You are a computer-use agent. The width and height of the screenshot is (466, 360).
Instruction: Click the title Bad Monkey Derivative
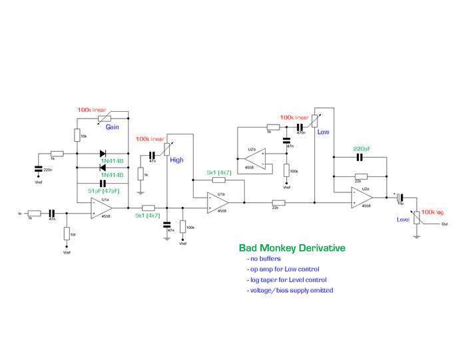[292, 248]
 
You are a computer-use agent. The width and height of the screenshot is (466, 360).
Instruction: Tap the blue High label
[176, 160]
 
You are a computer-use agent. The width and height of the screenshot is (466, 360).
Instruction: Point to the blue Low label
[324, 132]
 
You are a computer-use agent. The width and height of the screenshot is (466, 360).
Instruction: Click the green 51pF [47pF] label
[103, 190]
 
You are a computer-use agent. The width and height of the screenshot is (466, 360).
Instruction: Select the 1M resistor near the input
[67, 234]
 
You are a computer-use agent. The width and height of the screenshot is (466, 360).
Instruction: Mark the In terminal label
[20, 214]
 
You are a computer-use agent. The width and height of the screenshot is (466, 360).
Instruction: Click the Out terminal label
[444, 224]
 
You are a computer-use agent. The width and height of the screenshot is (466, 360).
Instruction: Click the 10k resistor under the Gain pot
[77, 136]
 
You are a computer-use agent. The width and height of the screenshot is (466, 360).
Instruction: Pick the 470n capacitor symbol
[300, 126]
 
